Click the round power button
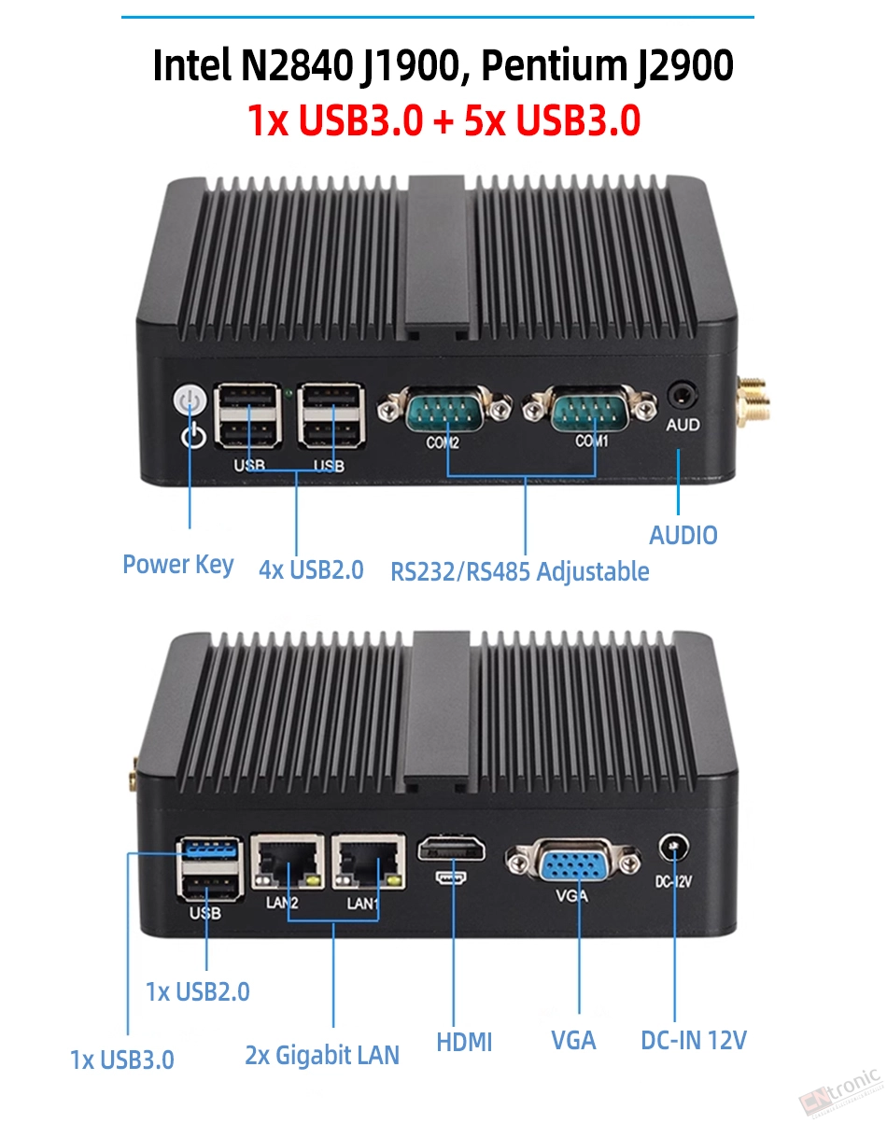(190, 400)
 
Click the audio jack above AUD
(683, 396)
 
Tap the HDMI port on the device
(451, 849)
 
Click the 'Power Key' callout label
(178, 565)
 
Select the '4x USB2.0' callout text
(311, 569)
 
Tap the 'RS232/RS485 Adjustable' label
(520, 571)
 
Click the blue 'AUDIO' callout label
(683, 536)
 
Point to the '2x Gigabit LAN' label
(322, 1055)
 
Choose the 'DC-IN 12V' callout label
(694, 1040)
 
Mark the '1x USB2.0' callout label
(198, 991)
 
